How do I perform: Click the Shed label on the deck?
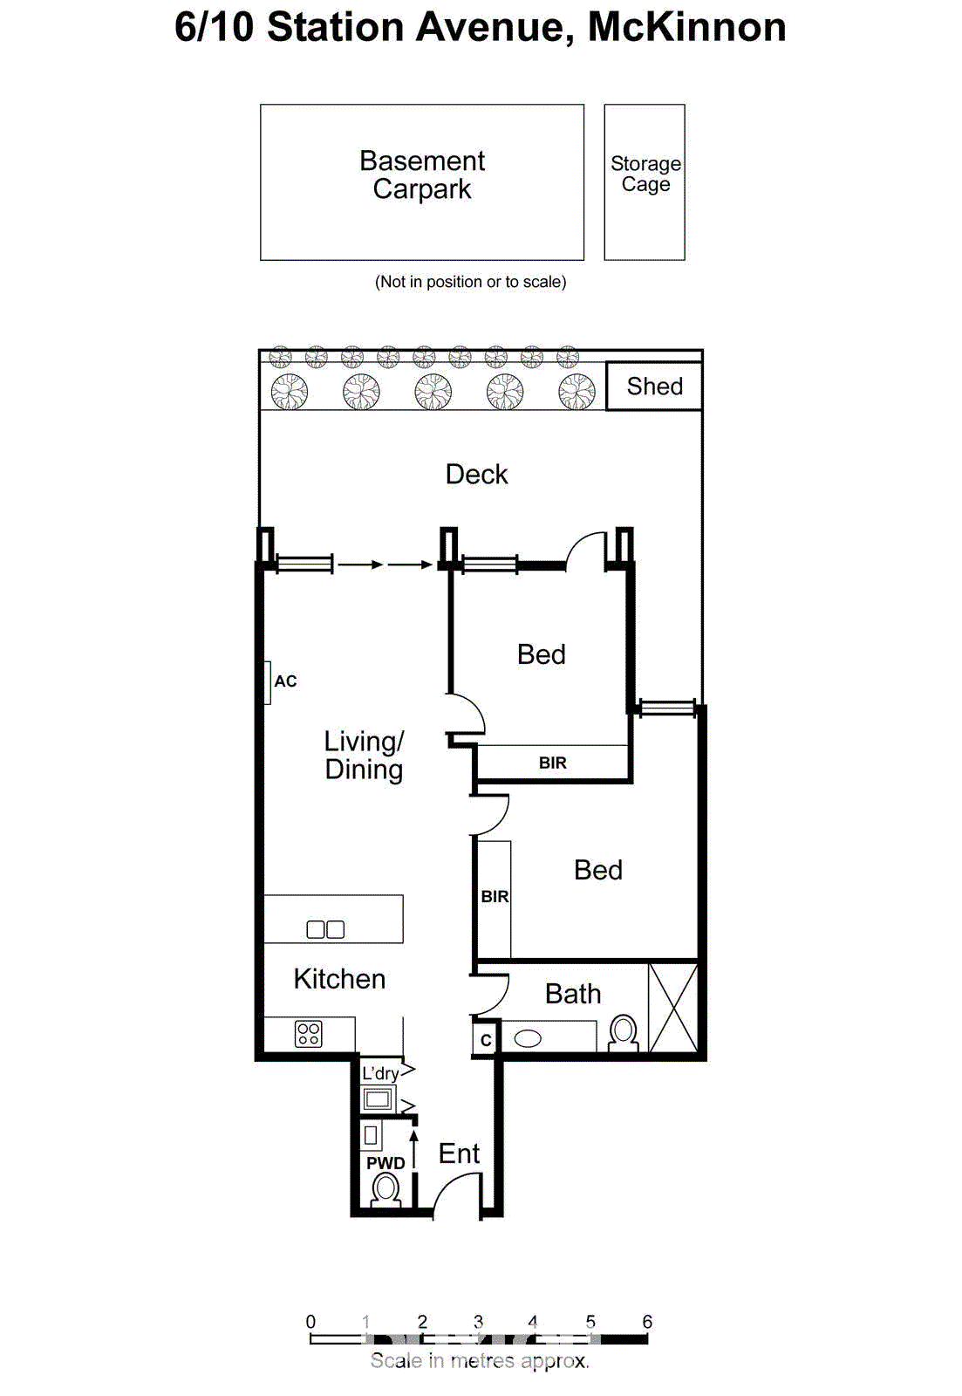(654, 387)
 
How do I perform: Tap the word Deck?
(476, 475)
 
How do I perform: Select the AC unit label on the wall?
(285, 681)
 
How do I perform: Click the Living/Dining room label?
(364, 756)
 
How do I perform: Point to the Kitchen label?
(339, 979)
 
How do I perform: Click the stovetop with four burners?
(309, 1034)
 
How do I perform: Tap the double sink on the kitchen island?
(325, 929)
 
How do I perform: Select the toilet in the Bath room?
(623, 1032)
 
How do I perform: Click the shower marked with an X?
(673, 1008)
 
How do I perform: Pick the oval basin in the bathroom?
(528, 1038)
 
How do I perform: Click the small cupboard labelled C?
(486, 1040)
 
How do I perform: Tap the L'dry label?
(380, 1073)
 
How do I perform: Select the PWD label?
(385, 1163)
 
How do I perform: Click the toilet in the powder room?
(385, 1188)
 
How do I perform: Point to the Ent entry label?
(459, 1153)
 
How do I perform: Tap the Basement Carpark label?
(422, 174)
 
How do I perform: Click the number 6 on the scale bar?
(647, 1322)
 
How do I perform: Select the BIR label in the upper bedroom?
(552, 763)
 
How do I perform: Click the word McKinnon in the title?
(686, 27)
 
